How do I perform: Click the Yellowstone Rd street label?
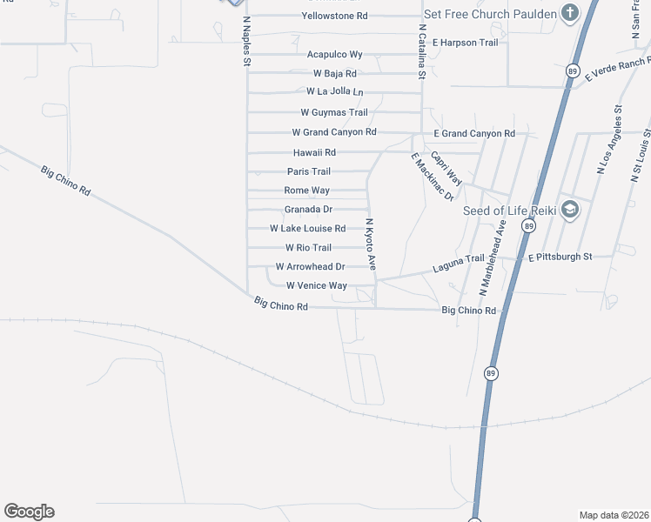pos(334,16)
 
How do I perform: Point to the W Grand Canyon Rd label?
pos(333,132)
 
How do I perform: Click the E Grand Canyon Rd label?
pos(474,133)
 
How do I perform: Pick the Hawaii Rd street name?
pos(314,151)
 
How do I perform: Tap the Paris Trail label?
pos(309,171)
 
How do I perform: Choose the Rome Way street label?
pos(307,190)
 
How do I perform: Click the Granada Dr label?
pos(308,209)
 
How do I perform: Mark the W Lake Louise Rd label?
pos(307,228)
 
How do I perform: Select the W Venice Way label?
pos(310,285)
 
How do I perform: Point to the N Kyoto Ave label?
pos(371,244)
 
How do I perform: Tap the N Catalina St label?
pos(421,51)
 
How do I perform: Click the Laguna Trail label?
pos(458,259)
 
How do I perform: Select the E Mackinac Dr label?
pos(433,177)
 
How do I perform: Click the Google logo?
pos(29,512)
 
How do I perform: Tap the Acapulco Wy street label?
pos(334,54)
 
